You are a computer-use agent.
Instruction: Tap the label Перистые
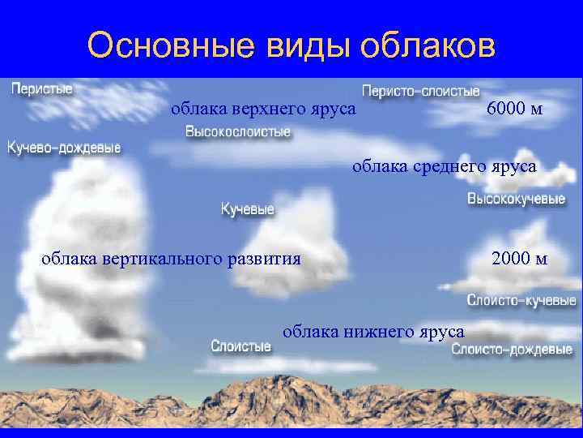point(41,88)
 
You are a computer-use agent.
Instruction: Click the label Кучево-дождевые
point(64,148)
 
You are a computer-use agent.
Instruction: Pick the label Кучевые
point(248,209)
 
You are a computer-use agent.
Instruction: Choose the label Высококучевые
point(516,200)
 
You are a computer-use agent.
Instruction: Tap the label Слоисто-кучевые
point(521,300)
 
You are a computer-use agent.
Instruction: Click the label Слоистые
point(240,346)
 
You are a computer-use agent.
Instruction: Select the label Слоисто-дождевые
point(512,350)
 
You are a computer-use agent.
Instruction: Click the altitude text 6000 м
point(515,109)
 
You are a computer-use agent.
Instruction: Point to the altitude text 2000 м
point(519,259)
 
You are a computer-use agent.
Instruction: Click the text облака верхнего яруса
point(263,109)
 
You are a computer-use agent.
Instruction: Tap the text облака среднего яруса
point(443,166)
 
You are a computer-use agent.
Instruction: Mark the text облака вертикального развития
point(171,259)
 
